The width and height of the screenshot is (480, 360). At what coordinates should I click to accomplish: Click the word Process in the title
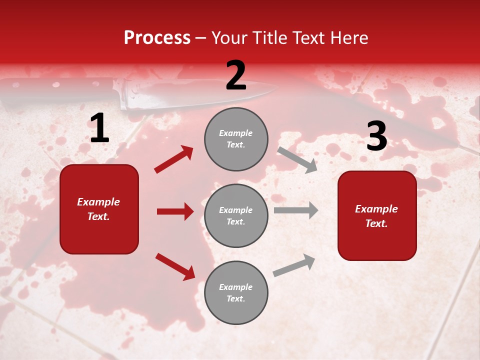pos(157,38)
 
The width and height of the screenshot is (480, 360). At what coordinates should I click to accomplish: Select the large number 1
pos(99,128)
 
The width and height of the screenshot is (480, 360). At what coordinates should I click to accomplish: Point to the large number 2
pos(236,75)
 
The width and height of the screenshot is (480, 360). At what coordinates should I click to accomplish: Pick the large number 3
pos(376,136)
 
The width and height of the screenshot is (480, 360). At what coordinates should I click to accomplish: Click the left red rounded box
pos(99,209)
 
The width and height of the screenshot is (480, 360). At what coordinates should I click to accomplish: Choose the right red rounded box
pos(377,216)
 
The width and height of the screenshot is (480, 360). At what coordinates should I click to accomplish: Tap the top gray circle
pos(236,139)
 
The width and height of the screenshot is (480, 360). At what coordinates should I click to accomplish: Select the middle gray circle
pos(236,215)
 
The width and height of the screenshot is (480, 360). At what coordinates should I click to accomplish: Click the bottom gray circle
pos(236,292)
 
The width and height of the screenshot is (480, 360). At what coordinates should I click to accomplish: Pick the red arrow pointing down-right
pos(175,266)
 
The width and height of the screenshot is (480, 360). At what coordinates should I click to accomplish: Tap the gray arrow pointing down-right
pos(297,159)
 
